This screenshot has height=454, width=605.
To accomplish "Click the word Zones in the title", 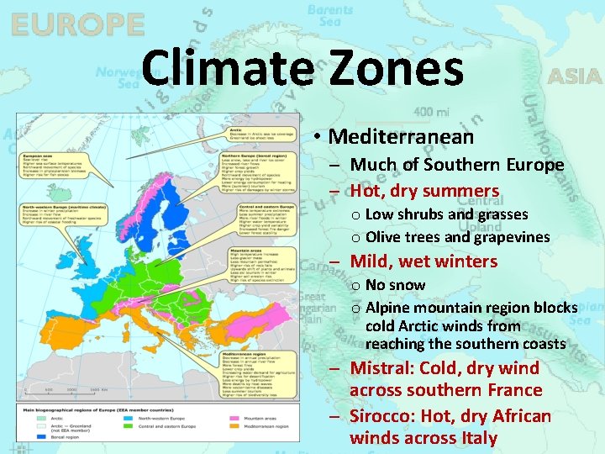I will [x=402, y=69].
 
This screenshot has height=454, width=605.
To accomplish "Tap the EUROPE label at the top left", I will [x=77, y=25].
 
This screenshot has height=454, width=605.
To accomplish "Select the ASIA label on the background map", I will [x=575, y=77].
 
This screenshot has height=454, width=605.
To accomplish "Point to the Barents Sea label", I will [x=329, y=16].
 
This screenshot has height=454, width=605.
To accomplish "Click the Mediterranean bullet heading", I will [x=401, y=136].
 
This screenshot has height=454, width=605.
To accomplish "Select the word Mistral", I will [x=381, y=367].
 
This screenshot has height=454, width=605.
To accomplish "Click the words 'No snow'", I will [x=395, y=285].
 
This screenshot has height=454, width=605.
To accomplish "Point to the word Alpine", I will [x=388, y=308].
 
